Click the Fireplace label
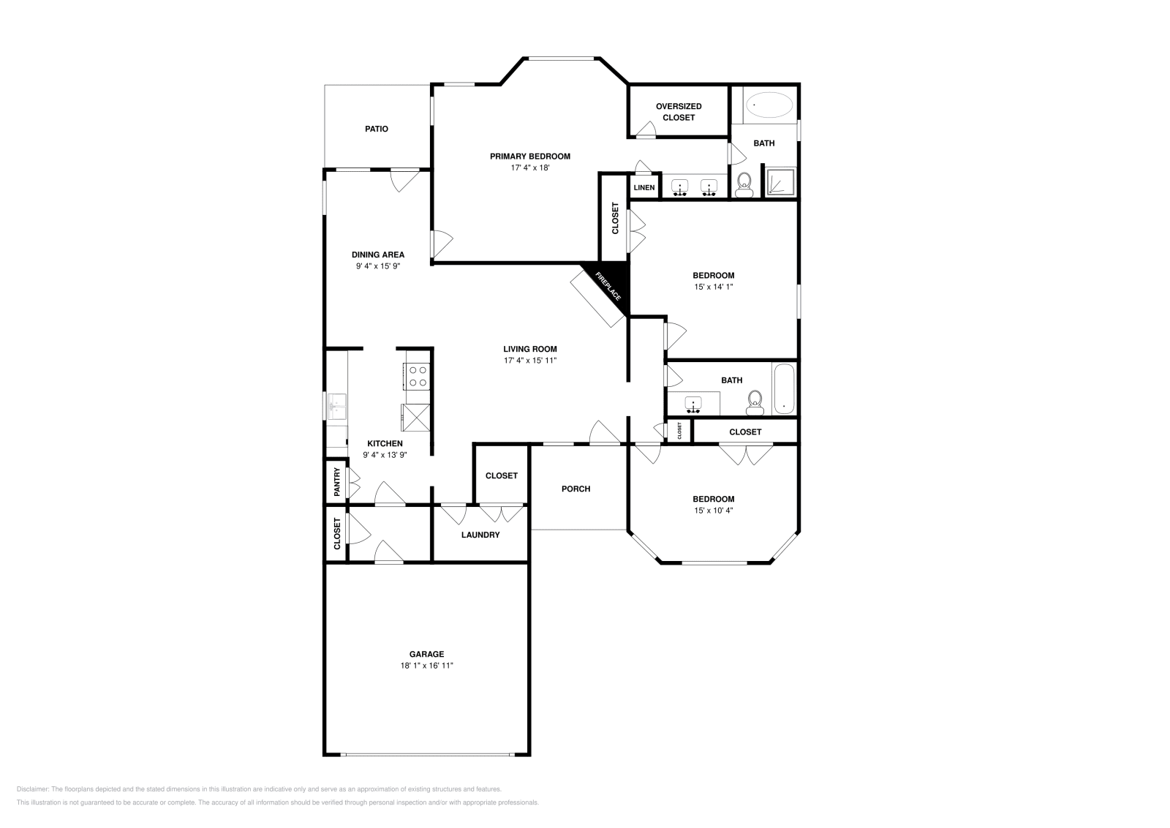tap(608, 286)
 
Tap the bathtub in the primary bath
tap(769, 105)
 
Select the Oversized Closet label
tap(678, 112)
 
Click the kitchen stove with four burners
tap(417, 376)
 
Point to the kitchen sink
tap(337, 406)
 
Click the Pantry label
tap(337, 482)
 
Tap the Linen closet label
tap(644, 188)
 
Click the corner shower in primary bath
tap(780, 181)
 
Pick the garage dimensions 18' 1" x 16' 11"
tap(427, 666)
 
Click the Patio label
tap(377, 129)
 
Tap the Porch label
tap(575, 489)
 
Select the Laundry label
tap(480, 535)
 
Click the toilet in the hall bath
tap(755, 401)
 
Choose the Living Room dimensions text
tap(530, 361)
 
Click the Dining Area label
tap(377, 255)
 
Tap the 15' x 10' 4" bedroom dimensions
tap(713, 511)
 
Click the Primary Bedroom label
tap(529, 156)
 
